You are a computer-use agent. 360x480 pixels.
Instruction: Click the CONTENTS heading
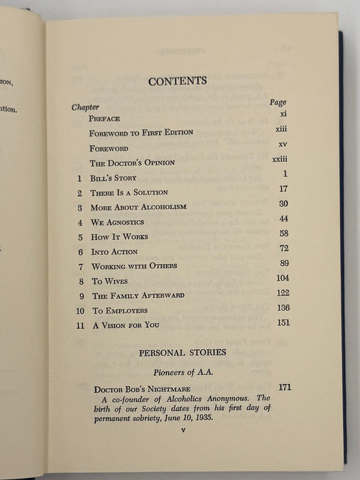click(178, 81)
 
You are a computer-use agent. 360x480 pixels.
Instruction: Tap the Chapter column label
click(86, 107)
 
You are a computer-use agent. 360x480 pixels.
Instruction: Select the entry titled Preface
click(104, 118)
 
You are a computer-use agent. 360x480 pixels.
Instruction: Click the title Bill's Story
click(116, 178)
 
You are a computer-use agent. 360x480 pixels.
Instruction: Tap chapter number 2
click(80, 193)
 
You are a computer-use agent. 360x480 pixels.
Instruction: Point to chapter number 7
click(80, 266)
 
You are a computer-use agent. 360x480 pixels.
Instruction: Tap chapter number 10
click(79, 310)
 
